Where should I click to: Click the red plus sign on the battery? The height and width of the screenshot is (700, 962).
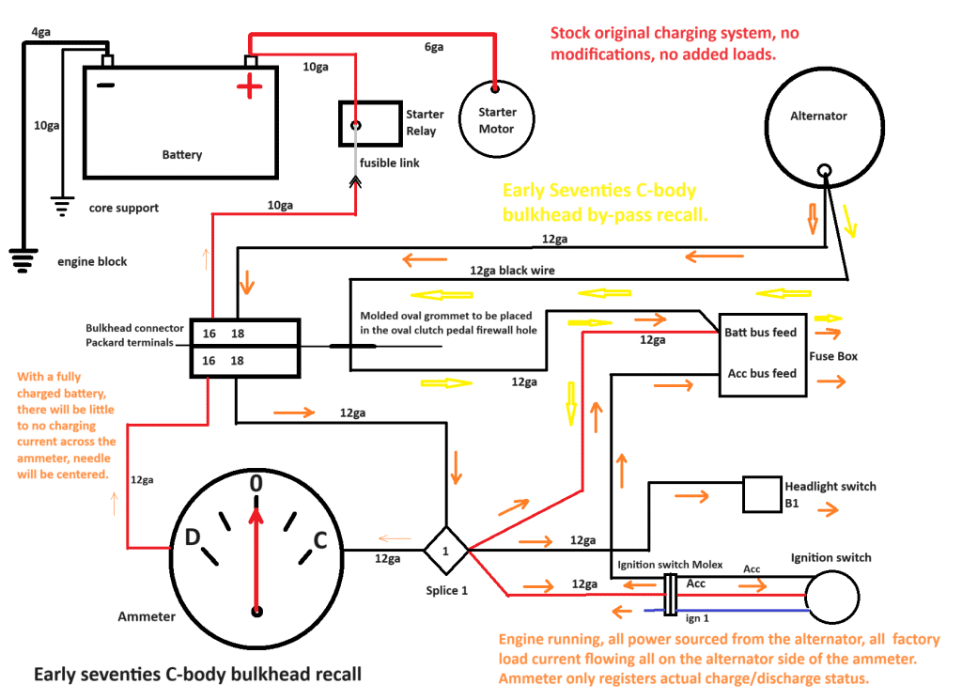click(249, 89)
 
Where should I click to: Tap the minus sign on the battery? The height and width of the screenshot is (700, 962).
click(106, 86)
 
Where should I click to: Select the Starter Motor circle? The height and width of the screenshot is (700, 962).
click(497, 119)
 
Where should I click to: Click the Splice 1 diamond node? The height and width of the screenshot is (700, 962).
click(446, 550)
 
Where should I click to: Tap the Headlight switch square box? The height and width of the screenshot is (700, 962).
click(761, 494)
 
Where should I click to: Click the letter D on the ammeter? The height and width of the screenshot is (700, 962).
click(191, 538)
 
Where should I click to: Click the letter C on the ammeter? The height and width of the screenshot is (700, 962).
click(319, 539)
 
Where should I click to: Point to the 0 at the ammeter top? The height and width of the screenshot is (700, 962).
click(255, 484)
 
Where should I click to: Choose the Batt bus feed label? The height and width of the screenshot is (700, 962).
click(760, 333)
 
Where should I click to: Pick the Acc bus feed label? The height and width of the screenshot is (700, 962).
click(762, 373)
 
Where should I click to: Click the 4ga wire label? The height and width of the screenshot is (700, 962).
click(41, 32)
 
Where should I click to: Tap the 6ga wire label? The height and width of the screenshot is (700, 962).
click(433, 47)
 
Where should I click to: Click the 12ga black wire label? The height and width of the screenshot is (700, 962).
click(512, 271)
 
